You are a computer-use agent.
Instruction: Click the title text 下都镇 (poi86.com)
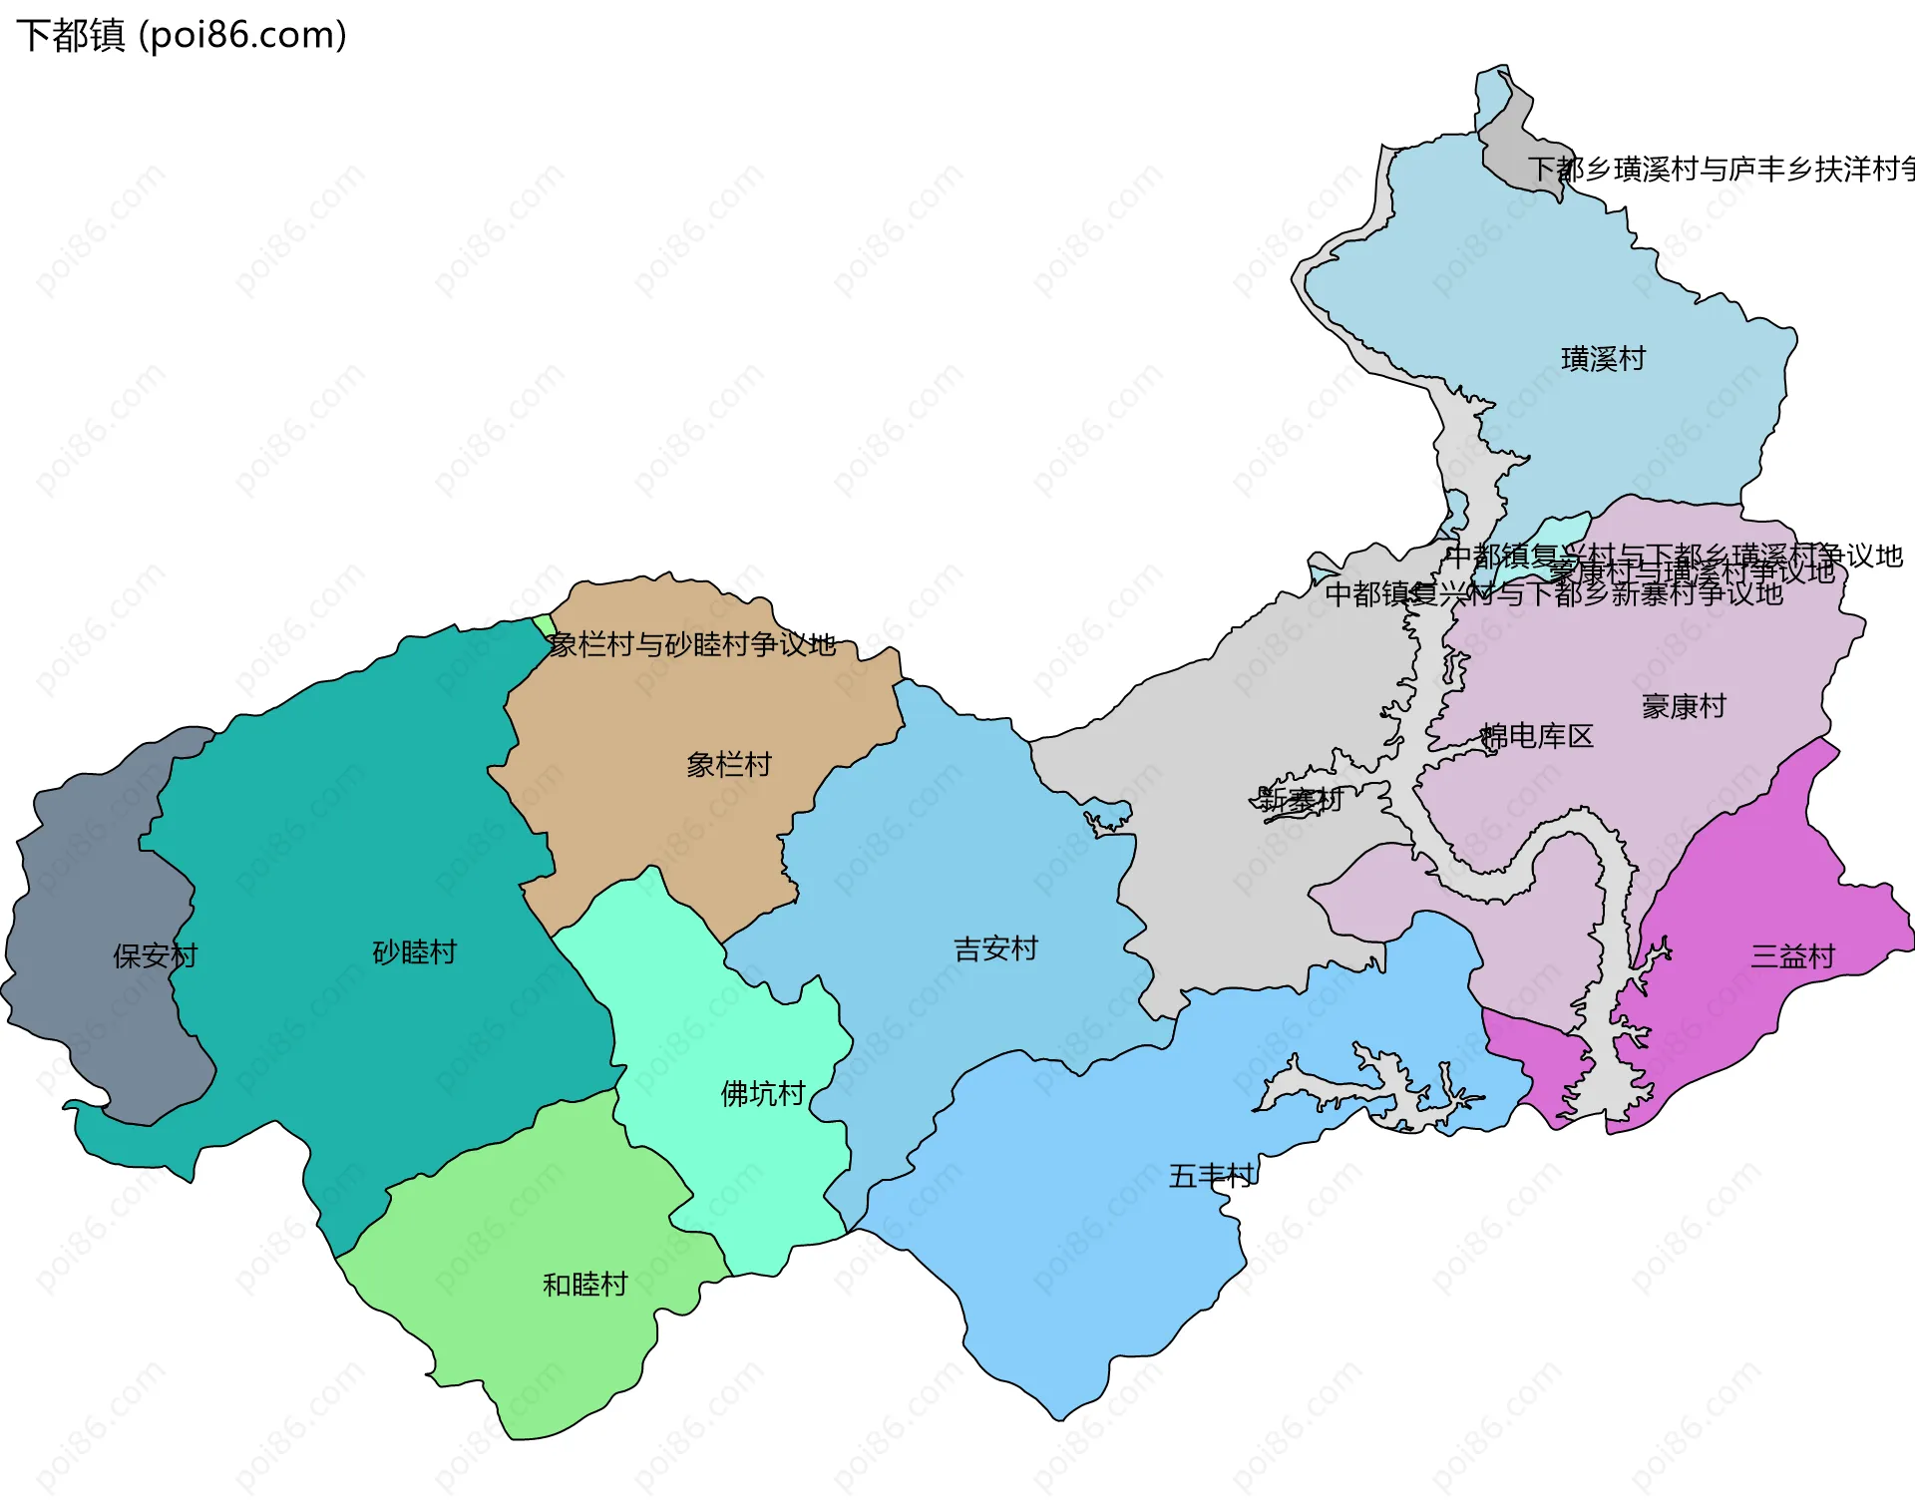click(182, 36)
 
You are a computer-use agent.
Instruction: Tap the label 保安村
click(155, 955)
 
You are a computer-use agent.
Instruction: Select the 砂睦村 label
click(414, 951)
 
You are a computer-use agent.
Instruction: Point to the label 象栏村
click(728, 764)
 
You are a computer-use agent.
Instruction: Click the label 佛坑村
click(762, 1093)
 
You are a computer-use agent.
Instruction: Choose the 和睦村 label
click(584, 1284)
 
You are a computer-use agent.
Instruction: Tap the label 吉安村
click(995, 947)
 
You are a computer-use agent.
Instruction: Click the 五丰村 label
click(1211, 1176)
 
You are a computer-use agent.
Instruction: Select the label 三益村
click(1792, 956)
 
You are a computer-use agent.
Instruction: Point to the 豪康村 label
click(1684, 706)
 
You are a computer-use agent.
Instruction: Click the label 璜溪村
click(1603, 358)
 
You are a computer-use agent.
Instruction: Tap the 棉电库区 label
click(1537, 736)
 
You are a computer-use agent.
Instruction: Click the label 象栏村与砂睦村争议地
click(692, 645)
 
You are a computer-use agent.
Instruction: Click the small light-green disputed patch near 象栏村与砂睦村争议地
click(544, 625)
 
